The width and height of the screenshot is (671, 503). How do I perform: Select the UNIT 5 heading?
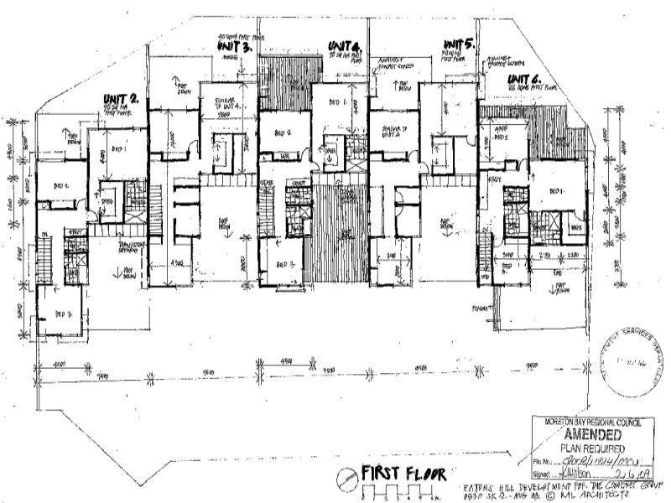pos(459,44)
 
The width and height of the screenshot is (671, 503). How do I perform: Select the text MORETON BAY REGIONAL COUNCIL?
pos(592,423)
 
